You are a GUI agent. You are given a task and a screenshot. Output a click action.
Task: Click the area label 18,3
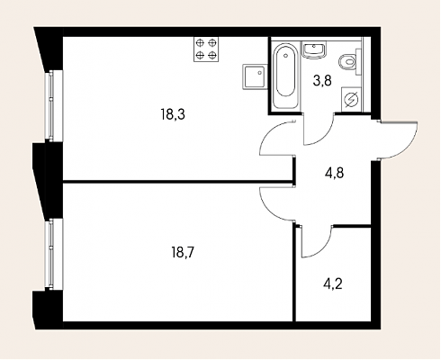pos(173,115)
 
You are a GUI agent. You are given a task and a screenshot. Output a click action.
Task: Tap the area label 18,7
pos(184,253)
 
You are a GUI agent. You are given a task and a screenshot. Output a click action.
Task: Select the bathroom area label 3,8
pos(322,81)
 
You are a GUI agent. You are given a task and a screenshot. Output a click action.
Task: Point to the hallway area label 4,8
pos(334,173)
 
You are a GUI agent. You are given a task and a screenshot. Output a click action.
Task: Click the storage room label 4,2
pos(333,283)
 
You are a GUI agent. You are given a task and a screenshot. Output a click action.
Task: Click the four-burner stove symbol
pos(206,49)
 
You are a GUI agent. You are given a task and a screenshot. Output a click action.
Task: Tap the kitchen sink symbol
pos(255,76)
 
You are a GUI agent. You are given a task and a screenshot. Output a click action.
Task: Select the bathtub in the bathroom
pos(285,75)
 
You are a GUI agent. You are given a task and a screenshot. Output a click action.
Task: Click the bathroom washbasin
pos(314,49)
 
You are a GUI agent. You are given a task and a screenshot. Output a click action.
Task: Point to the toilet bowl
pos(349,62)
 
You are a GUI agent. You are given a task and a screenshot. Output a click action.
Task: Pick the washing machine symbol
pos(351,100)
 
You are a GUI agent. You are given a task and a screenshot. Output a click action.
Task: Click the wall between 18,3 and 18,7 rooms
pos(177,182)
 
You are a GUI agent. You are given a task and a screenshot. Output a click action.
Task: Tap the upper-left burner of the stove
pos(200,42)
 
